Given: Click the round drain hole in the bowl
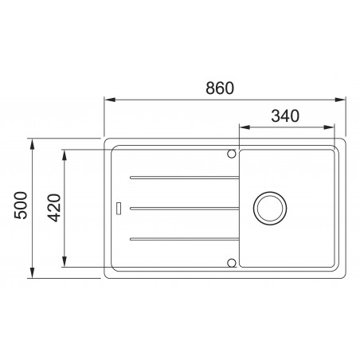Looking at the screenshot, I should tap(268, 208).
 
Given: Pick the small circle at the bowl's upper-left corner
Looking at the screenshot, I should tap(232, 152).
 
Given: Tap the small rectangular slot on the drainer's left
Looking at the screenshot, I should tap(119, 209).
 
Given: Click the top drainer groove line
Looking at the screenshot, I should tap(182, 176).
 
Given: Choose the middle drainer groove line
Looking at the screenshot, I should tap(182, 209).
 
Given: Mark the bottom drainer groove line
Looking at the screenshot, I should tap(182, 239).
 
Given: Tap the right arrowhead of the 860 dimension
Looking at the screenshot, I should tap(342, 100).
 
